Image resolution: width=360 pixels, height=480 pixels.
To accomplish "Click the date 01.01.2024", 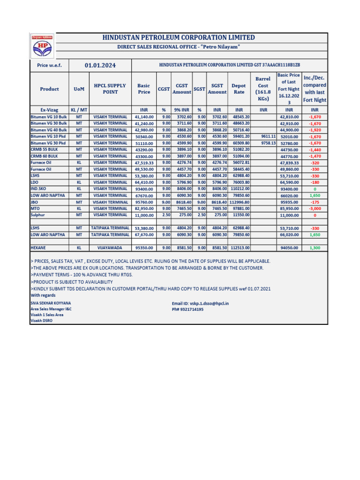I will click(x=100, y=66).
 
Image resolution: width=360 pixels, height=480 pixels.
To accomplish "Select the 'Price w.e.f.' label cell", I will click(x=49, y=66).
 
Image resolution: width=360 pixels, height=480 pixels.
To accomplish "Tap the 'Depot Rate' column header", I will click(x=239, y=89).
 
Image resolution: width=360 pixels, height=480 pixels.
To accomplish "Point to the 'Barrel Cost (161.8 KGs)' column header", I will click(x=263, y=89).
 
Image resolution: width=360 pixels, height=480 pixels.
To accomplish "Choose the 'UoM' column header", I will click(x=79, y=89).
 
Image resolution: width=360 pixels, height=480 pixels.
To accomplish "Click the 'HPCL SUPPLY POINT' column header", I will click(x=110, y=89).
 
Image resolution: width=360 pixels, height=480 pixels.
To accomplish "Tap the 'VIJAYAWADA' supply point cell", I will click(x=110, y=247).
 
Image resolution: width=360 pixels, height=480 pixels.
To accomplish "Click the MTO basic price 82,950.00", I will click(x=144, y=209).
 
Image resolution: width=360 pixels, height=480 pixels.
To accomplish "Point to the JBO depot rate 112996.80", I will click(x=239, y=202).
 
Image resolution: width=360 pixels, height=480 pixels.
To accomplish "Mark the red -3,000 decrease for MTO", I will click(x=315, y=209).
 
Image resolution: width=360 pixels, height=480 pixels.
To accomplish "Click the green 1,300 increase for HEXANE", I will click(x=315, y=247).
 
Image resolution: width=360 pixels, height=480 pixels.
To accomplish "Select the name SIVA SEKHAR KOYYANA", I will click(x=51, y=303).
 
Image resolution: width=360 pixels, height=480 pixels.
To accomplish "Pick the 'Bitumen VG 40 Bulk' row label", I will click(x=49, y=130).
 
